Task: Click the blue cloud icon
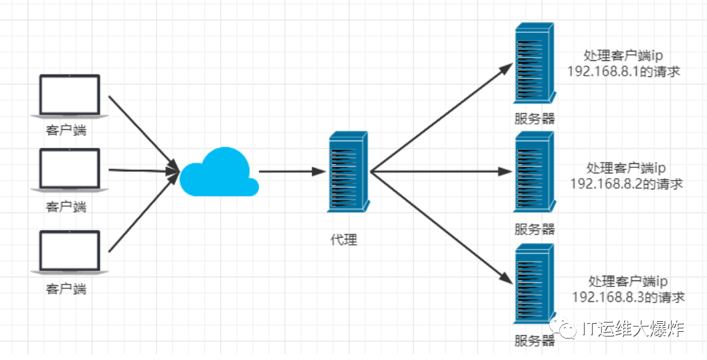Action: (219, 174)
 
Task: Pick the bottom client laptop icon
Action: (70, 252)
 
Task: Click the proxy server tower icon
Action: (348, 171)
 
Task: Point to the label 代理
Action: (344, 240)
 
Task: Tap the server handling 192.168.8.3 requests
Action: (535, 284)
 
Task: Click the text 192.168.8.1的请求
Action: (623, 71)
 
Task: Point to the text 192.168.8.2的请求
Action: (626, 183)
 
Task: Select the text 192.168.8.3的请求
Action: (628, 296)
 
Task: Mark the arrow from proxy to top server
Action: (441, 118)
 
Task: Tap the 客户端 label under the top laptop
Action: (66, 130)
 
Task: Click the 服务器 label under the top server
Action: (534, 119)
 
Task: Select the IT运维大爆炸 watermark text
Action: (633, 329)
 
